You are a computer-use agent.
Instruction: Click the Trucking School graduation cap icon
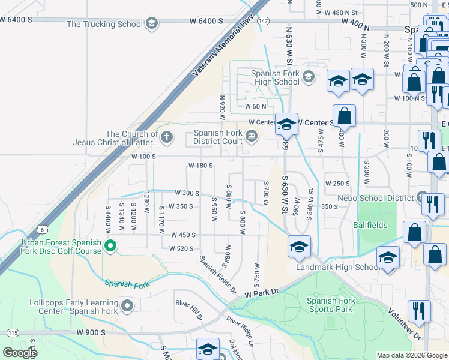tap(152, 24)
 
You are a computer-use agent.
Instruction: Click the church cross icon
tap(166, 137)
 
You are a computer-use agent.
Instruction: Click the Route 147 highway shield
tap(264, 20)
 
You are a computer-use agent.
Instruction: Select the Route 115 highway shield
tap(12, 332)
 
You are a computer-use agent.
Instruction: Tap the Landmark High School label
tap(330, 267)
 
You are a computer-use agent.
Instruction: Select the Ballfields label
tap(370, 225)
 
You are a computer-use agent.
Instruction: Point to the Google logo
tap(20, 352)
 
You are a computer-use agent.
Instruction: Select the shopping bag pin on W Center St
tap(344, 115)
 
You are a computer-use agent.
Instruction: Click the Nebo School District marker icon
tap(423, 198)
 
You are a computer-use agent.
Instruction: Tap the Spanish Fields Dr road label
tap(218, 274)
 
